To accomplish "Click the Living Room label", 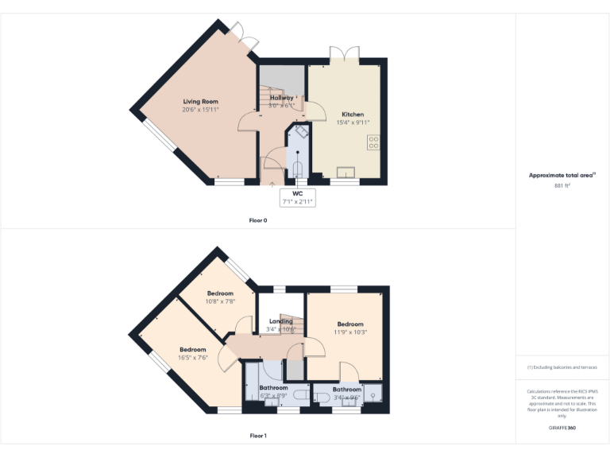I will (x=200, y=102).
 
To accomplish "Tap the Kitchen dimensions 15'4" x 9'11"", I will (x=353, y=122).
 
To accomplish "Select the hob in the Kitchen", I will (x=373, y=143).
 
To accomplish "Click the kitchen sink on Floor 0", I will (x=347, y=172).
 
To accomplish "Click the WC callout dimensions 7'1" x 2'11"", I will (x=298, y=202).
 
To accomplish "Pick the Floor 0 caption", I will (x=258, y=220).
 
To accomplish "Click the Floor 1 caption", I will (x=258, y=436).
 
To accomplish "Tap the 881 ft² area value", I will (x=562, y=185).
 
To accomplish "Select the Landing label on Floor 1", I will (x=280, y=321).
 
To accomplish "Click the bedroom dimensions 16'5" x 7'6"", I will (x=193, y=358).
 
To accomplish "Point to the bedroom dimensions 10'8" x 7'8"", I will (x=220, y=301).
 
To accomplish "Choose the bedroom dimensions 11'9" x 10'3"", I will (x=350, y=332).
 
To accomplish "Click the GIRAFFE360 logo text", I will (x=562, y=428).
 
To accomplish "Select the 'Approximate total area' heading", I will (x=562, y=175).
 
